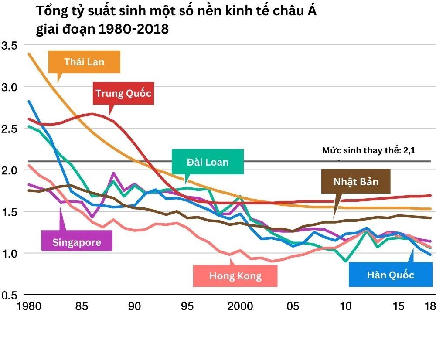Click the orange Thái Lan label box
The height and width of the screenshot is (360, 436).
pyautogui.click(x=84, y=61)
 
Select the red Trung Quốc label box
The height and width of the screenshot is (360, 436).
pyautogui.click(x=123, y=93)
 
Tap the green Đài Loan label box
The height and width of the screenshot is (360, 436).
pyautogui.click(x=207, y=162)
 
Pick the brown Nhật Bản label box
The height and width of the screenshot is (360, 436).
pyautogui.click(x=355, y=181)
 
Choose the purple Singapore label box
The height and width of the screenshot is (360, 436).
pyautogui.click(x=77, y=242)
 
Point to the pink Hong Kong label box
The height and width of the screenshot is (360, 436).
pyautogui.click(x=235, y=275)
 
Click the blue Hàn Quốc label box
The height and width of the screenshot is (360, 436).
pyautogui.click(x=390, y=275)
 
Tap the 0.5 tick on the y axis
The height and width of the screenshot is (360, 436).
pyautogui.click(x=9, y=295)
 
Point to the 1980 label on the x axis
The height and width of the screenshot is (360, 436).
pyautogui.click(x=29, y=306)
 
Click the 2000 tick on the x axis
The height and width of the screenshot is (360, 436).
pyautogui.click(x=240, y=306)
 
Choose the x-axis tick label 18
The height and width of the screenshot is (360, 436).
pyautogui.click(x=429, y=306)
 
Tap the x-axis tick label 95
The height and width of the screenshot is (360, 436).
pyautogui.click(x=187, y=306)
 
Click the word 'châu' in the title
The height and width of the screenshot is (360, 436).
pyautogui.click(x=283, y=11)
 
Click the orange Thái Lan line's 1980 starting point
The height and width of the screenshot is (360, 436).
pyautogui.click(x=29, y=54)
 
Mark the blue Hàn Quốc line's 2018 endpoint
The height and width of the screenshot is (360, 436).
pyautogui.click(x=430, y=255)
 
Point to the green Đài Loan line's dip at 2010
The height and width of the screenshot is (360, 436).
pyautogui.click(x=346, y=261)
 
